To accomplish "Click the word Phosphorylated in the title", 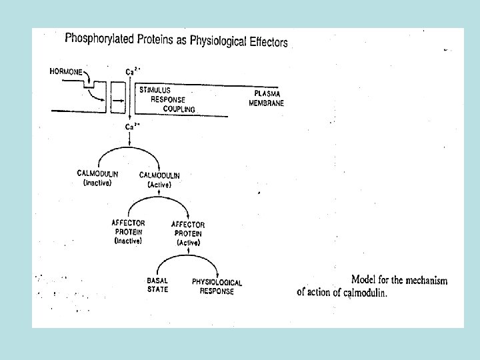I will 98,38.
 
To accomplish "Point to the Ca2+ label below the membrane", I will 132,127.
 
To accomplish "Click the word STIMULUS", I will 157,89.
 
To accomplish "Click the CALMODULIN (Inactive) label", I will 98,178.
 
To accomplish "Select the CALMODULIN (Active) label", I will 159,180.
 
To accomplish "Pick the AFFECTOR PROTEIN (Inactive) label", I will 128,231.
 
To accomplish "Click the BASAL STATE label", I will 158,285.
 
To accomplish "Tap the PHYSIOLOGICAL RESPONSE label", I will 217,287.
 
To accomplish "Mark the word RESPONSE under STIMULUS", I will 168,99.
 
